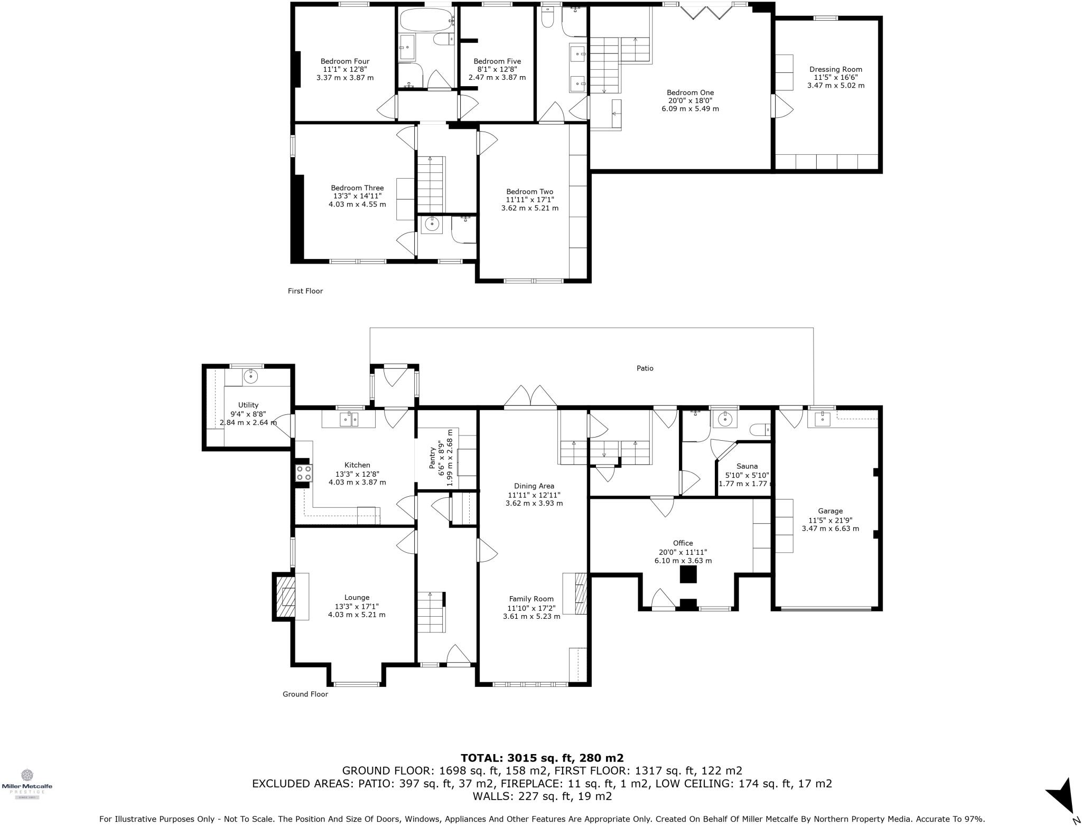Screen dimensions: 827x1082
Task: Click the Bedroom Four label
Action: click(345, 61)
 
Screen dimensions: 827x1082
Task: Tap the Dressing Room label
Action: click(835, 69)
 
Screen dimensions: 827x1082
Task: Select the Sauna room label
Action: click(747, 466)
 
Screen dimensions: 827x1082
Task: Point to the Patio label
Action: click(645, 368)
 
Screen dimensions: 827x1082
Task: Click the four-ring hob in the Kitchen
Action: click(303, 472)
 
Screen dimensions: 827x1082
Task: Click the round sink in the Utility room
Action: click(250, 377)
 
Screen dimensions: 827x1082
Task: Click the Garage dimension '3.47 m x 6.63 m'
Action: click(830, 528)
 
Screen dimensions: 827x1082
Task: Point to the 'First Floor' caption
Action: click(305, 291)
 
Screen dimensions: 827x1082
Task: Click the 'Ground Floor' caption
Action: click(305, 694)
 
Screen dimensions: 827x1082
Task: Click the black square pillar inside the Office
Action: click(688, 574)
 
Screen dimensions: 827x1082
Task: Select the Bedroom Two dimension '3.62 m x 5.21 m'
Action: click(529, 208)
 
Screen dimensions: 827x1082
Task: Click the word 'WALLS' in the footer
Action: click(496, 796)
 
